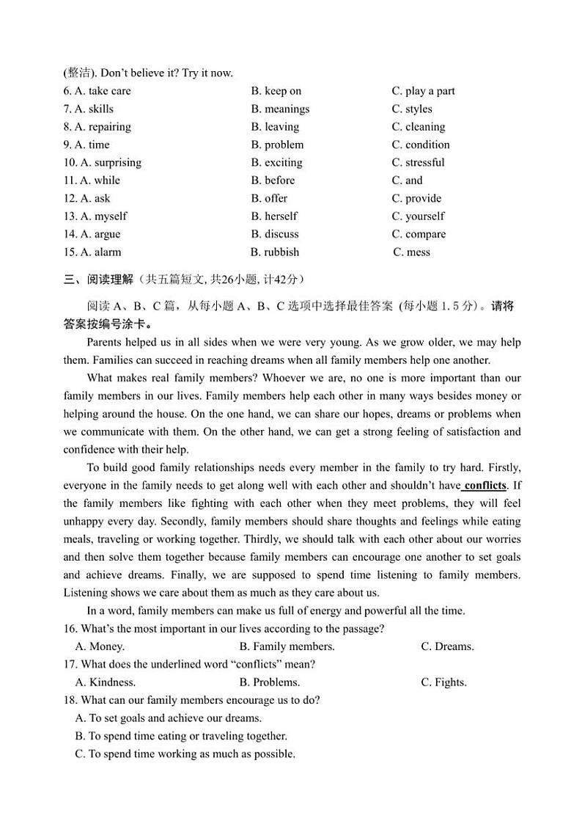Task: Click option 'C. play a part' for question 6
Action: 423,91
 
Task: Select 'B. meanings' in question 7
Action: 280,109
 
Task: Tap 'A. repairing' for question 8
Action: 103,127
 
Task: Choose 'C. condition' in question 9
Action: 421,145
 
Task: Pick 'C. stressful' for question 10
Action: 418,162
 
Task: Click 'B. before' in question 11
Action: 273,181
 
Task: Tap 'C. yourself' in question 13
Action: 418,216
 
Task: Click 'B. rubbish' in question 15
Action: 275,252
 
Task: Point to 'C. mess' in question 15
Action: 412,252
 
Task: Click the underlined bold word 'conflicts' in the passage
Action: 485,485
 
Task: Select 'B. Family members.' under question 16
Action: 287,646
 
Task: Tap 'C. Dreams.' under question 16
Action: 447,646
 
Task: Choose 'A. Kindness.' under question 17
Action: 106,682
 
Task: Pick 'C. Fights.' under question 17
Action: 443,682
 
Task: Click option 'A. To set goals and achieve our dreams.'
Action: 169,718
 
